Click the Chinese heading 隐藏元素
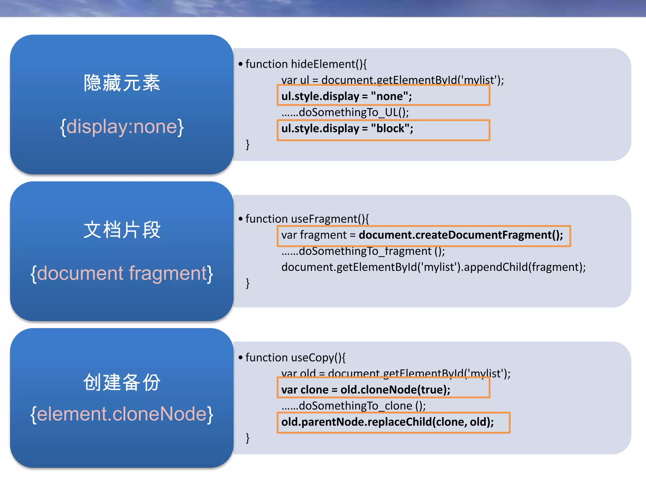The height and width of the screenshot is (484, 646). coord(122,83)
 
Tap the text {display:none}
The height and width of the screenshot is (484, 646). coord(122,127)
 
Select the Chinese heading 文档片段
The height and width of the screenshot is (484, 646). coord(122,230)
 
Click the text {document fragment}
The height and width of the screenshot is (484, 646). coord(122,273)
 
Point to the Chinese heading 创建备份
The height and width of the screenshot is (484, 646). coord(122,382)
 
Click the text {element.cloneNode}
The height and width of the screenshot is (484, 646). coord(122,414)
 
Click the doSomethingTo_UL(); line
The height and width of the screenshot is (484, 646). coord(345,112)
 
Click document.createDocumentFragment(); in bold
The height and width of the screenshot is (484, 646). coord(461,235)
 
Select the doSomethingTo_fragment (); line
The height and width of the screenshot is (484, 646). coord(363,251)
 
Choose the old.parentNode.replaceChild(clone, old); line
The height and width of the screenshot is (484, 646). coord(387,422)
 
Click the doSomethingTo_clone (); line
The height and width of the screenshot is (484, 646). coord(353,406)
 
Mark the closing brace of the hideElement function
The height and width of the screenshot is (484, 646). coord(248,145)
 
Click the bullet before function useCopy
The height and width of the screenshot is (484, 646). coord(241,358)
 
